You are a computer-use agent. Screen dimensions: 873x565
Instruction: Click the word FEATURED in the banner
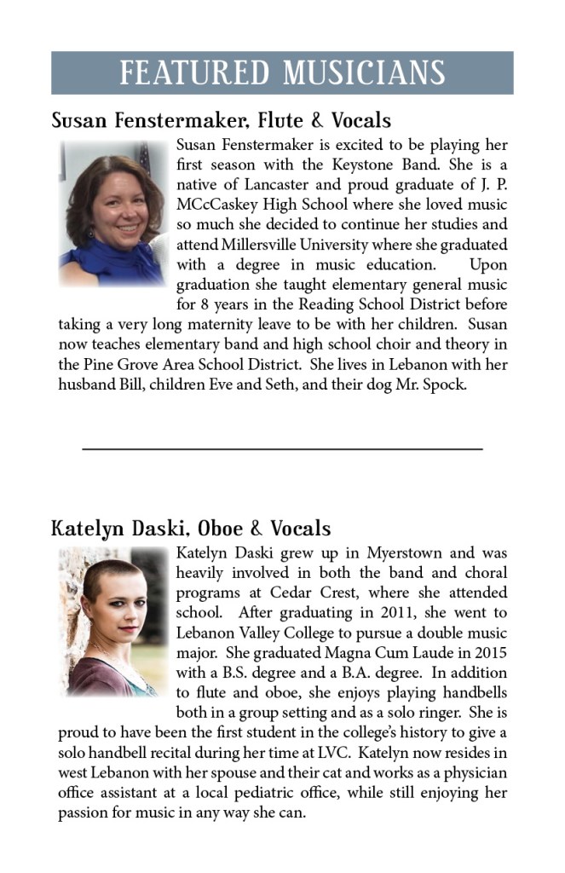pyautogui.click(x=195, y=72)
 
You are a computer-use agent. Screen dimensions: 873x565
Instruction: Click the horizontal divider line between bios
pyautogui.click(x=282, y=448)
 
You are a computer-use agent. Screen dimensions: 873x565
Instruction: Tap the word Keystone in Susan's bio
pyautogui.click(x=389, y=165)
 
